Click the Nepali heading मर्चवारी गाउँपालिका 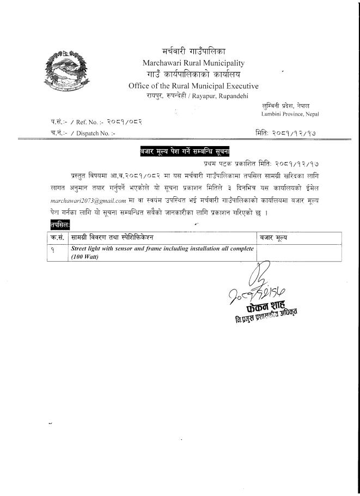pos(194,51)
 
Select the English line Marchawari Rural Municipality pos(193,63)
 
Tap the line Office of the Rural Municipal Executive pos(193,86)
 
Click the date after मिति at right pos(298,132)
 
